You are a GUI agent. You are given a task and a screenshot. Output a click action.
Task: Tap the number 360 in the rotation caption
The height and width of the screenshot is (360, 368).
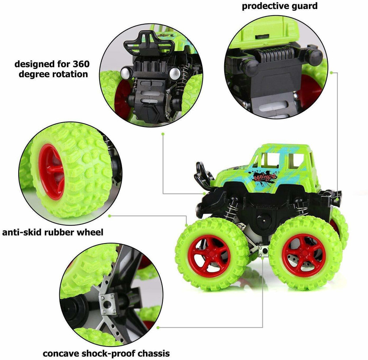tap(81, 64)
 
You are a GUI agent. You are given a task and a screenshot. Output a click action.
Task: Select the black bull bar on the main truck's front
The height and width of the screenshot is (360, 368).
tap(202, 175)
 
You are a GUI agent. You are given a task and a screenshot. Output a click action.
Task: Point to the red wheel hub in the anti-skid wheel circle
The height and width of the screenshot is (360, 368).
tap(51, 172)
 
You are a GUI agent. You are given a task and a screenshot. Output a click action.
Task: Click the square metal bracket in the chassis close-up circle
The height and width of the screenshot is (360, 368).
tap(108, 305)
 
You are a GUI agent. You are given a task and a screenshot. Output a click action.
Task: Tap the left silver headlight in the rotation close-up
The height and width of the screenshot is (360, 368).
tap(126, 73)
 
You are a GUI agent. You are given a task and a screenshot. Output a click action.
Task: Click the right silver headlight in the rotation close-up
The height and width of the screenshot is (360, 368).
tap(174, 73)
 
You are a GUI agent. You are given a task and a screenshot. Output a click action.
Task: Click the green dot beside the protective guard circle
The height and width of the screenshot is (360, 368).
tap(331, 73)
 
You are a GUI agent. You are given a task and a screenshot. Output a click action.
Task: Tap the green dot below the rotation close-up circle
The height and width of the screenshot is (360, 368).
tap(163, 134)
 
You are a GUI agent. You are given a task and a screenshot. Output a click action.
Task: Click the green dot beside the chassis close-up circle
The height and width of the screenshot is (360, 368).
tap(158, 328)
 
